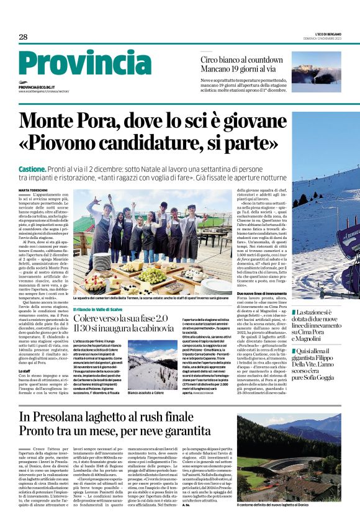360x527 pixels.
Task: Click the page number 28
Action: coord(23,37)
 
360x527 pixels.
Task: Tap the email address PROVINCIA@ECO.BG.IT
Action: coord(45,88)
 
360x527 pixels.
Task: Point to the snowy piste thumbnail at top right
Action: coord(316,71)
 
